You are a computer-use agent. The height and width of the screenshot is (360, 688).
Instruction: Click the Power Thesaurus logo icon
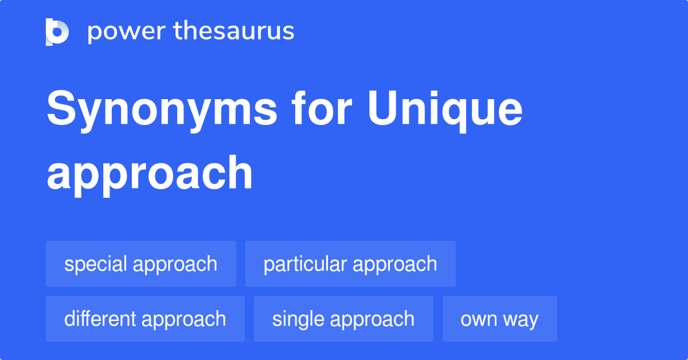coord(57,32)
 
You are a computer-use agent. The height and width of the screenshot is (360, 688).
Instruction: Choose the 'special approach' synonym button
coord(141,264)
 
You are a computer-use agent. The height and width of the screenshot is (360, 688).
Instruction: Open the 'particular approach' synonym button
coord(350,264)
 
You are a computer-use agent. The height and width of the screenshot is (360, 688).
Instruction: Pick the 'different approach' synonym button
coord(145,319)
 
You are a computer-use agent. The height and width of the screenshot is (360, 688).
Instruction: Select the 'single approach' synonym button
coord(343,319)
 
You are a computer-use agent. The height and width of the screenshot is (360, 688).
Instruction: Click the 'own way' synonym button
coord(499,319)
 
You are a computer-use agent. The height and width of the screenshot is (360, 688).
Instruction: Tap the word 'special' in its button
coord(96,264)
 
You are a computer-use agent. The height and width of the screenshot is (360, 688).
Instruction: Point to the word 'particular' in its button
coord(305,264)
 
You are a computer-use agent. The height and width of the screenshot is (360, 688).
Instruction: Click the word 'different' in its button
coord(100,319)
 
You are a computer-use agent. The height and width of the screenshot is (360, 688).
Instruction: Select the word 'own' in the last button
coord(478,319)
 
